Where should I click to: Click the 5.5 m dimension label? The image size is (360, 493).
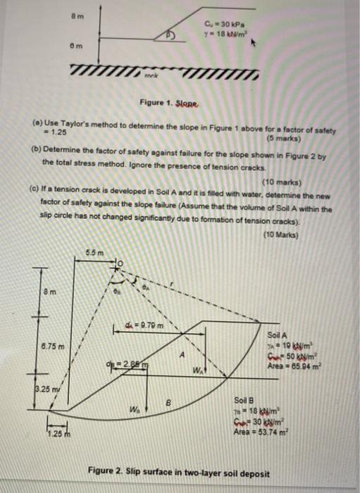(x=94, y=253)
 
